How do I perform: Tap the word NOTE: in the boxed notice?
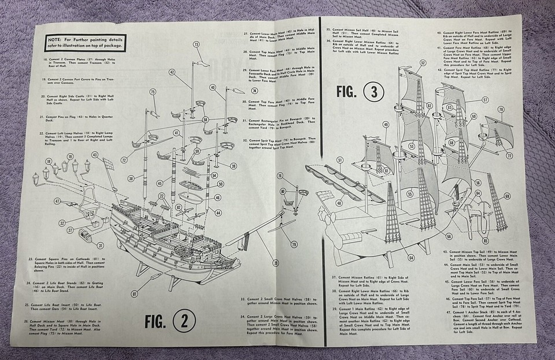point(58,40)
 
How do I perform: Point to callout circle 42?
point(172,72)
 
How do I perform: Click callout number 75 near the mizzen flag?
point(153,92)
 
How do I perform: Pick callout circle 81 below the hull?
point(134,294)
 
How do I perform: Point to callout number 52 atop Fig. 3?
point(423,62)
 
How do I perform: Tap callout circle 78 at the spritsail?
point(501,109)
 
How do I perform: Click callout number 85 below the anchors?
point(486,241)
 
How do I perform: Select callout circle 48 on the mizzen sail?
point(339,203)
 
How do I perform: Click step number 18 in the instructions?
point(45,59)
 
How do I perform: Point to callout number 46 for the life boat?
point(218,197)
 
